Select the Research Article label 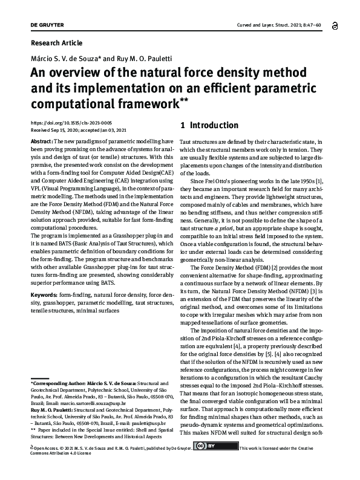coord(56,43)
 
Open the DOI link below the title coord(70,123)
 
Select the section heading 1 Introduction coord(209,126)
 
